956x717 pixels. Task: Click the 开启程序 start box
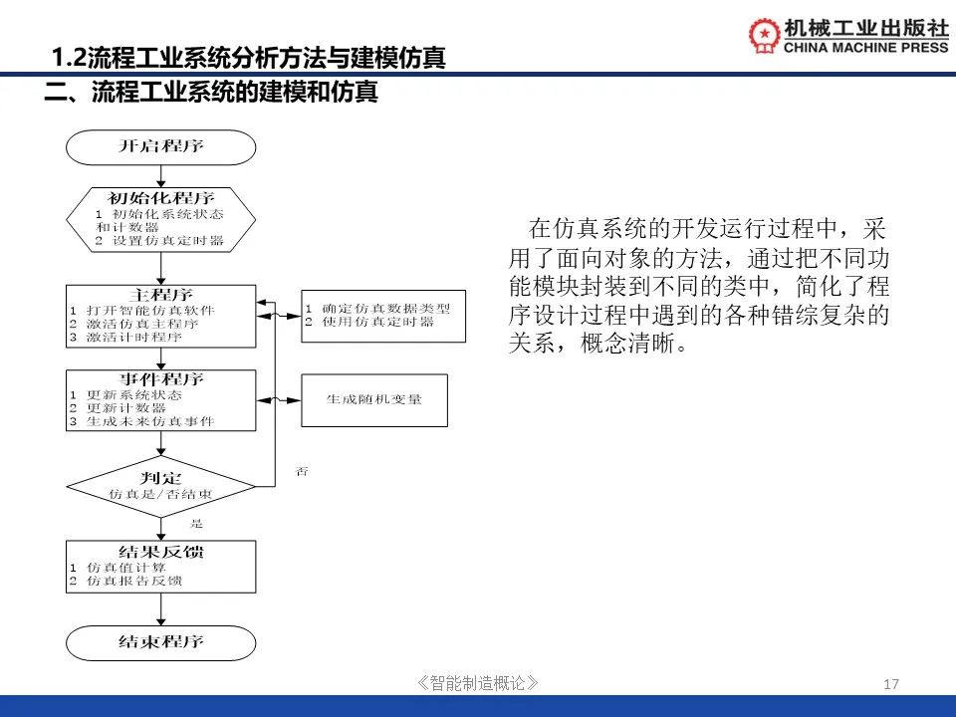click(160, 147)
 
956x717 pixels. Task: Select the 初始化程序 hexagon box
click(160, 218)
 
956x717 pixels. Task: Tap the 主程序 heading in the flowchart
click(160, 296)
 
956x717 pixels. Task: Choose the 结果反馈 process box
click(160, 567)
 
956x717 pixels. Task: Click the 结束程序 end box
click(160, 642)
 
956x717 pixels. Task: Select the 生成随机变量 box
click(374, 400)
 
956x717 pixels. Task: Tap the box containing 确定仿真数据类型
click(383, 316)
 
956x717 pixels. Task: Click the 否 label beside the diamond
click(302, 471)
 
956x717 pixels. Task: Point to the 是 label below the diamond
click(196, 524)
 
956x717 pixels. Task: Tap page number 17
click(891, 684)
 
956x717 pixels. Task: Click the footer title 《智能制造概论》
click(479, 683)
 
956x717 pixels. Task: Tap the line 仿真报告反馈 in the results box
click(134, 580)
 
